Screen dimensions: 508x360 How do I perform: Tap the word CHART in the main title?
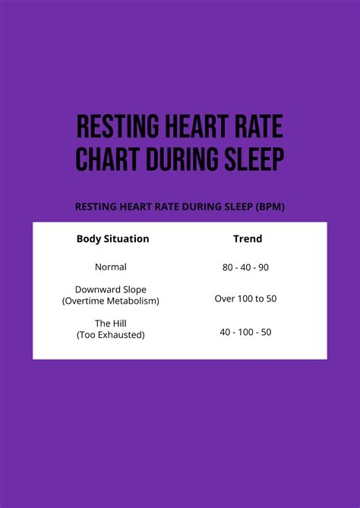pyautogui.click(x=107, y=159)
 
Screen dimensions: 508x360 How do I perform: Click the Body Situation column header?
pyautogui.click(x=112, y=238)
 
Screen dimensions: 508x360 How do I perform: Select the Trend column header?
pyautogui.click(x=247, y=238)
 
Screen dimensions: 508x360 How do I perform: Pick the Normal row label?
pyautogui.click(x=111, y=267)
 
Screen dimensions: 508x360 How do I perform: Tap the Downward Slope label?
pyautogui.click(x=111, y=290)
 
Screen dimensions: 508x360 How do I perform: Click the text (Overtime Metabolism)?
pyautogui.click(x=111, y=301)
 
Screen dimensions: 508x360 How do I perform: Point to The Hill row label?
pyautogui.click(x=111, y=322)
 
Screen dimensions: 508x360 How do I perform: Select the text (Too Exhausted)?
pyautogui.click(x=111, y=334)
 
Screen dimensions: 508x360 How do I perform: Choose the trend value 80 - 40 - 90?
pyautogui.click(x=245, y=268)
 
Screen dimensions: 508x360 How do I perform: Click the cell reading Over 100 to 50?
pyautogui.click(x=245, y=298)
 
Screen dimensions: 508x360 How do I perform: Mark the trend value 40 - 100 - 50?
pyautogui.click(x=245, y=332)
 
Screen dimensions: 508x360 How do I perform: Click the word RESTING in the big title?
pyautogui.click(x=117, y=127)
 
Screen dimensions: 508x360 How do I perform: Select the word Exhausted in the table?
pyautogui.click(x=121, y=334)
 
